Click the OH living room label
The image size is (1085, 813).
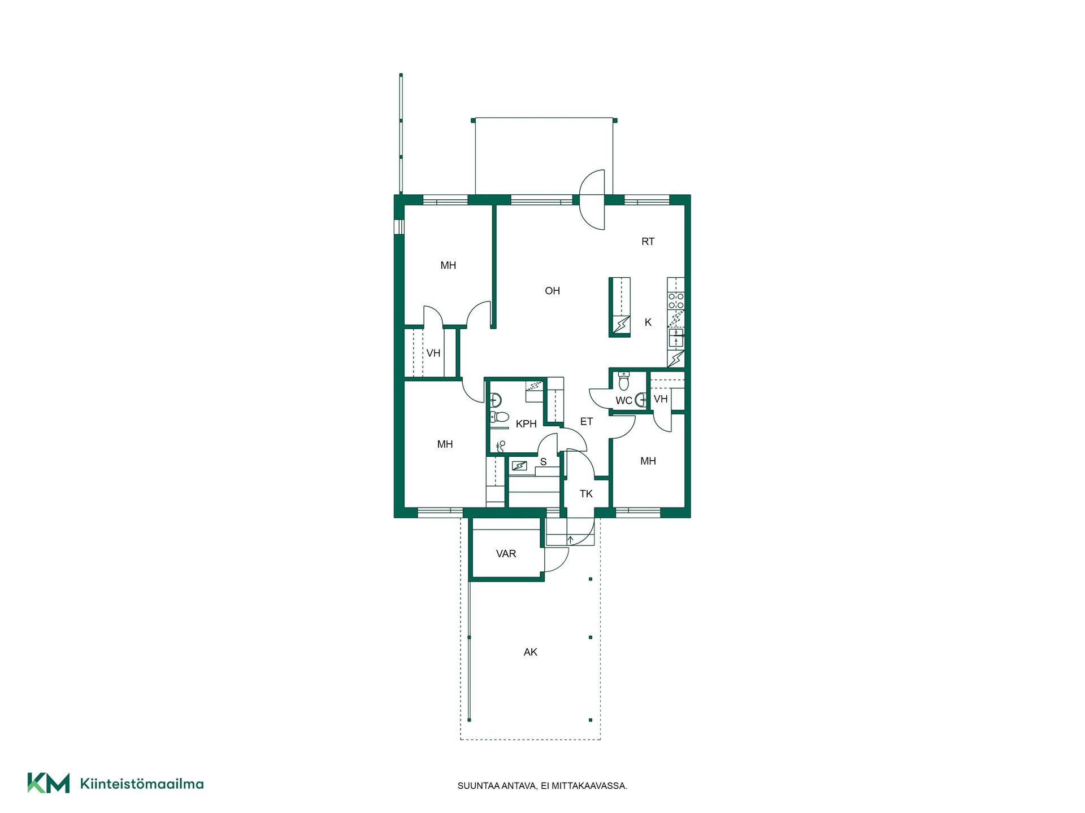552,291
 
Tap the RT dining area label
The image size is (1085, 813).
648,242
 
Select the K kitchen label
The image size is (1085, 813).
648,322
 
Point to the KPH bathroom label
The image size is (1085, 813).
526,424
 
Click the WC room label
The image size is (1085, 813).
624,401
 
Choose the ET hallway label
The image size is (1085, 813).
587,422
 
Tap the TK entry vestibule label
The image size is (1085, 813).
586,494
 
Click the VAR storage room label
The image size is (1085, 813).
506,554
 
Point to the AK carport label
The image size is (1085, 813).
530,652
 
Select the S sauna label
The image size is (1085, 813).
543,462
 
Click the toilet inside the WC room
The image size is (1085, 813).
623,381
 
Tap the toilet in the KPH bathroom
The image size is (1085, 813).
500,417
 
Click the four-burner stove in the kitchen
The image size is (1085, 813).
676,301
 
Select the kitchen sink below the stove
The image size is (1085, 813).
676,338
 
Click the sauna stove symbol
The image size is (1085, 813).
519,466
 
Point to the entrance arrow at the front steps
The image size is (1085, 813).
570,540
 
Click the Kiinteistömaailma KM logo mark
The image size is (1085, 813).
49,783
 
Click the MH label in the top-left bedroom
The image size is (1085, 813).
448,265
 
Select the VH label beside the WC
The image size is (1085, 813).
661,399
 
